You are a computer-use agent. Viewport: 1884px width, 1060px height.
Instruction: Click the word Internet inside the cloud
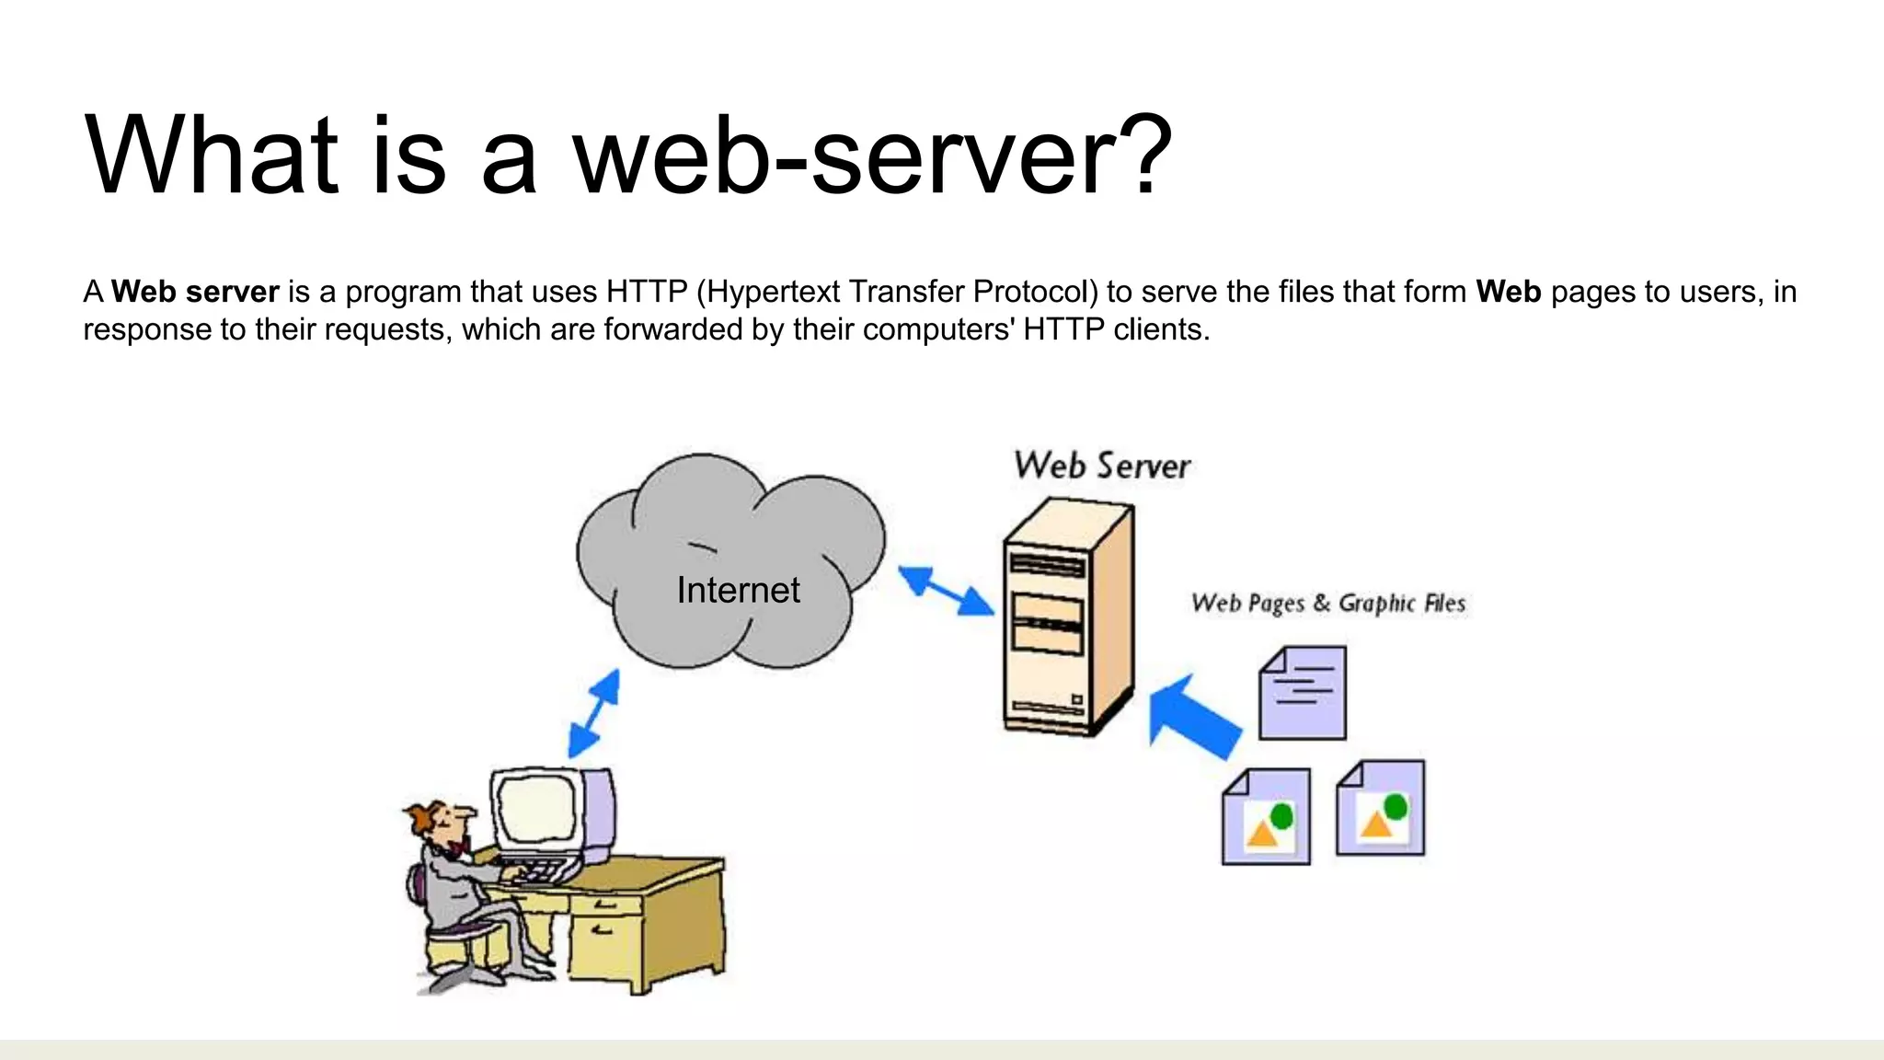point(738,590)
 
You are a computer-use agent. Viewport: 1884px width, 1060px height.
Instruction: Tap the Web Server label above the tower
point(1102,466)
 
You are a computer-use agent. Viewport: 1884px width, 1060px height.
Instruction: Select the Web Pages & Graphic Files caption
point(1327,604)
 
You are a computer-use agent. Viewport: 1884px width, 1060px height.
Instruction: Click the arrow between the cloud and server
point(946,591)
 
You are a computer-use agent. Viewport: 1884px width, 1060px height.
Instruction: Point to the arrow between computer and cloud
point(593,714)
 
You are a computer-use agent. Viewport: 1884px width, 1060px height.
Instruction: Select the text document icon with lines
point(1303,693)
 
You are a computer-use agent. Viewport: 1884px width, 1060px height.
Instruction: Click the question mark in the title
point(1140,155)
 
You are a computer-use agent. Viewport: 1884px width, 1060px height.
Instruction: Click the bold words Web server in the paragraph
point(195,292)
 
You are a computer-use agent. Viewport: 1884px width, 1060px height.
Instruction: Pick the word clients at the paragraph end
point(1161,329)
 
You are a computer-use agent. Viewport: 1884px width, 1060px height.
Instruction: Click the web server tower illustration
point(1067,616)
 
